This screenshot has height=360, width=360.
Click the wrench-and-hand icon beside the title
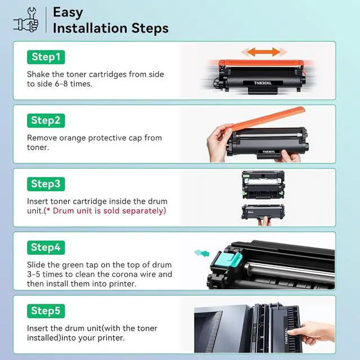[x=26, y=20]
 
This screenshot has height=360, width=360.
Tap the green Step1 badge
[x=46, y=57]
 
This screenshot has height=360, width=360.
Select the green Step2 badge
[x=46, y=120]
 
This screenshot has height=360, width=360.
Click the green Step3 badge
[x=46, y=184]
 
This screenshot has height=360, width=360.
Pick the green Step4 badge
[x=46, y=247]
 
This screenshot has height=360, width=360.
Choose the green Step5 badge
[x=46, y=311]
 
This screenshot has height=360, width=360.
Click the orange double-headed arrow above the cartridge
[x=264, y=52]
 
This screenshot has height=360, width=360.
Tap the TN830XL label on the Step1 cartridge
[x=263, y=83]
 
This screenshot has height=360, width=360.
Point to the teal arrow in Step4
[x=202, y=253]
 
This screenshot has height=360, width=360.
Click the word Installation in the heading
[x=90, y=28]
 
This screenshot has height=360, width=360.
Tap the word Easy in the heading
[x=68, y=12]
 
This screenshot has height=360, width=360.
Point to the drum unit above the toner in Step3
[x=263, y=185]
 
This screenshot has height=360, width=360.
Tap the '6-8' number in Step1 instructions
[x=61, y=84]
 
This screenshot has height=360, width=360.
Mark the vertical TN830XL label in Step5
[x=286, y=336]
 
